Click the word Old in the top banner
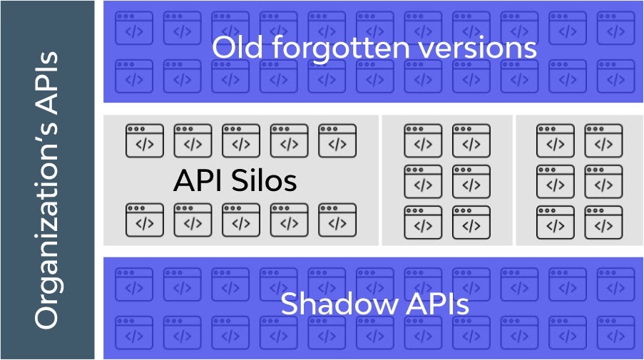pyautogui.click(x=237, y=47)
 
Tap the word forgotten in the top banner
pyautogui.click(x=341, y=48)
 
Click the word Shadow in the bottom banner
pyautogui.click(x=339, y=304)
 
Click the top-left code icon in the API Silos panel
pyautogui.click(x=145, y=141)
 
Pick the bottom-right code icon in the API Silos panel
pyautogui.click(x=337, y=220)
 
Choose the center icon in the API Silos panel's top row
pyautogui.click(x=241, y=141)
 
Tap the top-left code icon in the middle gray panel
pyautogui.click(x=423, y=141)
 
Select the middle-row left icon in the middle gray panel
pyautogui.click(x=423, y=182)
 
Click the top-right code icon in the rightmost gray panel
pyautogui.click(x=603, y=141)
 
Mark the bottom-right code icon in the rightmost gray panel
pyautogui.click(x=603, y=222)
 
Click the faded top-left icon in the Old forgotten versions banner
pyautogui.click(x=134, y=28)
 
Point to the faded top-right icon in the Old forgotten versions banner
pyautogui.click(x=615, y=28)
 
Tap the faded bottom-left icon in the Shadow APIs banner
pyautogui.click(x=134, y=332)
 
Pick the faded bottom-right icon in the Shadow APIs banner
pyautogui.click(x=615, y=332)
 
